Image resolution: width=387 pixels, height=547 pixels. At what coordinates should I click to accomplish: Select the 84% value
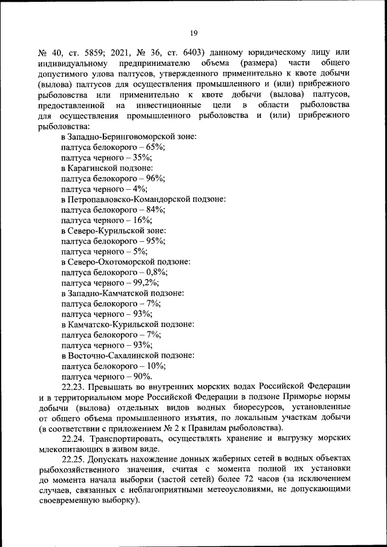pyautogui.click(x=155, y=210)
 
